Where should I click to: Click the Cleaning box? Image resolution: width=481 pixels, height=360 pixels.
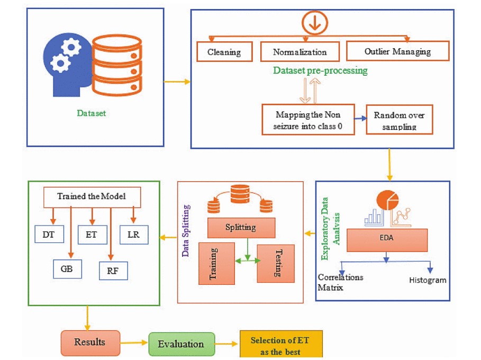coord(224,52)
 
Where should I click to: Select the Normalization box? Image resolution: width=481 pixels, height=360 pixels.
coord(300,52)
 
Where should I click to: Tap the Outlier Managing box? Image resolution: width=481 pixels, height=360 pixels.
coord(397,51)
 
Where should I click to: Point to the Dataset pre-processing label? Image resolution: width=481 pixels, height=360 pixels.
coord(320,70)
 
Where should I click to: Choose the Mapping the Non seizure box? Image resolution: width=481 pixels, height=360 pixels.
coord(308,120)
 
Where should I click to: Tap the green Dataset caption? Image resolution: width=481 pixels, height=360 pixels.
coord(92,113)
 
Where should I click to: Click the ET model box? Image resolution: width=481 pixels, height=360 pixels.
coord(92,234)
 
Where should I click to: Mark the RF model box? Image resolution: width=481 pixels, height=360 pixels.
coord(113,270)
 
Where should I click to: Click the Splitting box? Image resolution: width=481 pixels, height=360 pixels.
coord(241,228)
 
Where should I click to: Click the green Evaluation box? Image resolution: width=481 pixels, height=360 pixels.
coord(181,344)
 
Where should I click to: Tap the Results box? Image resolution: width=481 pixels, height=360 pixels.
coord(90,343)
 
